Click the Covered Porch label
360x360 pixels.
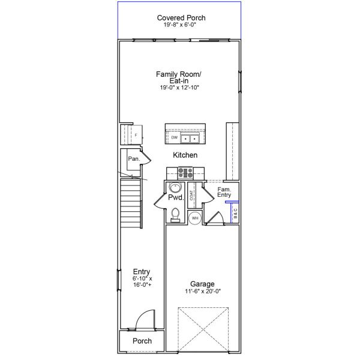tap(181, 18)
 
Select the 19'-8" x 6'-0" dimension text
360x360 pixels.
tap(181, 25)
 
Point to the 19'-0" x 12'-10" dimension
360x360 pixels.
tap(179, 88)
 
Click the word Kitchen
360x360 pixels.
tap(185, 155)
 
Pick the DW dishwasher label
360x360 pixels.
tap(174, 138)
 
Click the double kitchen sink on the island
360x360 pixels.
tap(191, 139)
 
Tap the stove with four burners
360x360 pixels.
tap(184, 173)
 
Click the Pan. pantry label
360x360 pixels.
tap(133, 159)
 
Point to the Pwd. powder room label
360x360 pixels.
tap(175, 197)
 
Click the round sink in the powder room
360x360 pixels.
tap(173, 187)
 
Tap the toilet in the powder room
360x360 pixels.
tap(175, 214)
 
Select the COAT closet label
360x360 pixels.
tap(191, 194)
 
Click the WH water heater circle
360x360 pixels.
tap(194, 218)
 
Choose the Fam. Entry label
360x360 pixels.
tap(224, 192)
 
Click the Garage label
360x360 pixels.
tap(202, 284)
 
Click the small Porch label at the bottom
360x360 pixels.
tap(142, 341)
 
